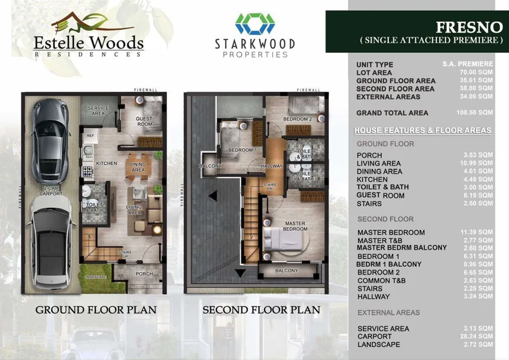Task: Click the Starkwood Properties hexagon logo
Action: (x=255, y=24)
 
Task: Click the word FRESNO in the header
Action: (x=469, y=28)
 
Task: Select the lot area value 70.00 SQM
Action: (x=476, y=72)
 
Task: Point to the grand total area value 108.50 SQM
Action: (x=475, y=112)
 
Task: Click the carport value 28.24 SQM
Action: (x=476, y=336)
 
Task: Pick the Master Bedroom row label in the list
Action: (x=391, y=233)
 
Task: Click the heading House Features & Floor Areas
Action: (x=423, y=130)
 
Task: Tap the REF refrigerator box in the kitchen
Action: (x=90, y=135)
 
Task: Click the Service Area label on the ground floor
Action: (x=98, y=111)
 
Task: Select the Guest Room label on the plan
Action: (x=144, y=121)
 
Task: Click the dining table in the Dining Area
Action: (x=138, y=167)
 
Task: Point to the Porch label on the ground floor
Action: (x=144, y=274)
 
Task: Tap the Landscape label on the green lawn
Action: (x=95, y=277)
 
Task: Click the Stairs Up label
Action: (x=125, y=254)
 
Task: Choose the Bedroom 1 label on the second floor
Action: (x=242, y=150)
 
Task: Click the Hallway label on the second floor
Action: (x=272, y=166)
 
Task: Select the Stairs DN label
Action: (x=270, y=186)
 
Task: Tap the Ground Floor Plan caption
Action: (x=96, y=310)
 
